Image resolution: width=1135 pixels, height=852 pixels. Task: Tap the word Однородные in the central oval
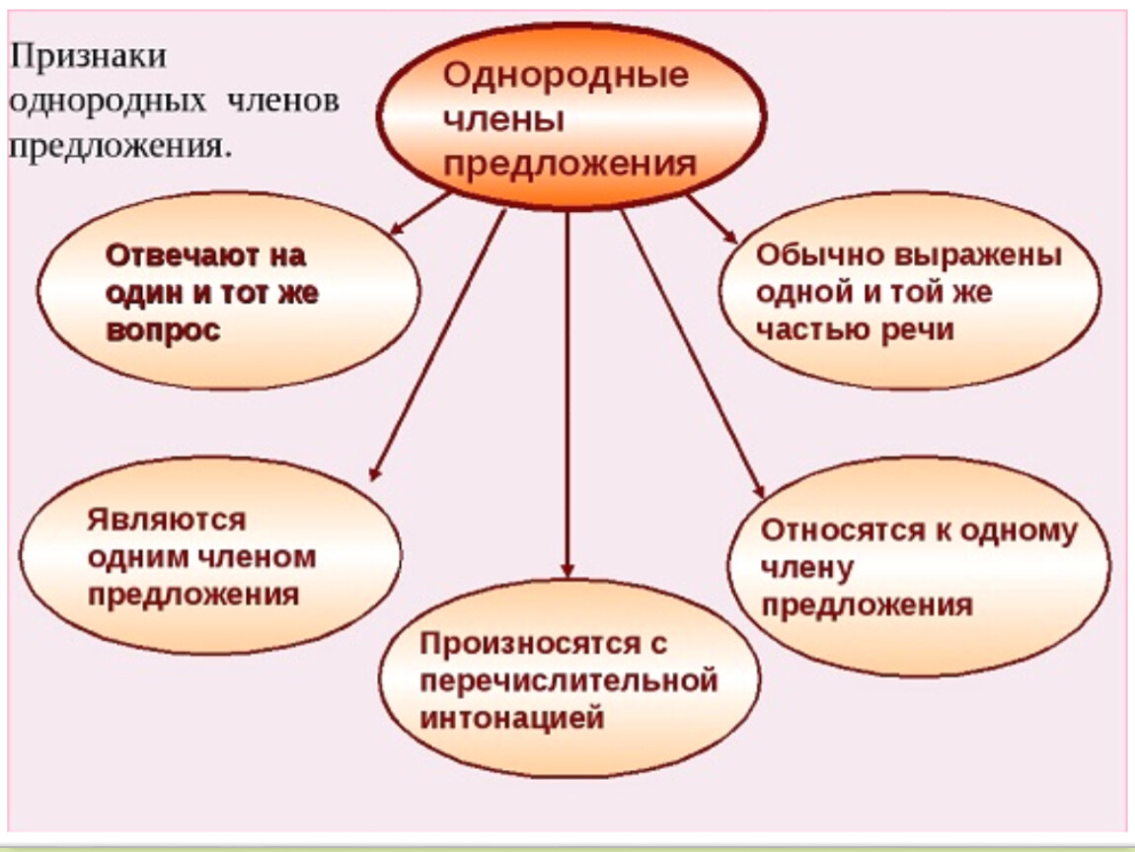coord(566,75)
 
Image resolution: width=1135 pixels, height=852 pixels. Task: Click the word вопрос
coord(163,330)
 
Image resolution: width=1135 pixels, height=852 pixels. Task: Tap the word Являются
coord(167,520)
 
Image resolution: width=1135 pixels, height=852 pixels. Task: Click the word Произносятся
coord(530,644)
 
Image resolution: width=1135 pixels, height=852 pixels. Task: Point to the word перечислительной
coord(568,681)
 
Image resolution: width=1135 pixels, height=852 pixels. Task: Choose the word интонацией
coord(512,718)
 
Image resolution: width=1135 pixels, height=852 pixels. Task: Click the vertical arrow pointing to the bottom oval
coord(567,394)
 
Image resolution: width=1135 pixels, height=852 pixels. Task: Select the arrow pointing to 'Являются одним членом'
coord(437,344)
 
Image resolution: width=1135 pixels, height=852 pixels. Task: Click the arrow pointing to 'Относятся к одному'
coord(693,354)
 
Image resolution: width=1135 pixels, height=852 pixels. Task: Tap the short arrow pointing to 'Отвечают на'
coord(419,214)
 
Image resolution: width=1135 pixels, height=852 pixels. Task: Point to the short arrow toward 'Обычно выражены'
coord(713,219)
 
